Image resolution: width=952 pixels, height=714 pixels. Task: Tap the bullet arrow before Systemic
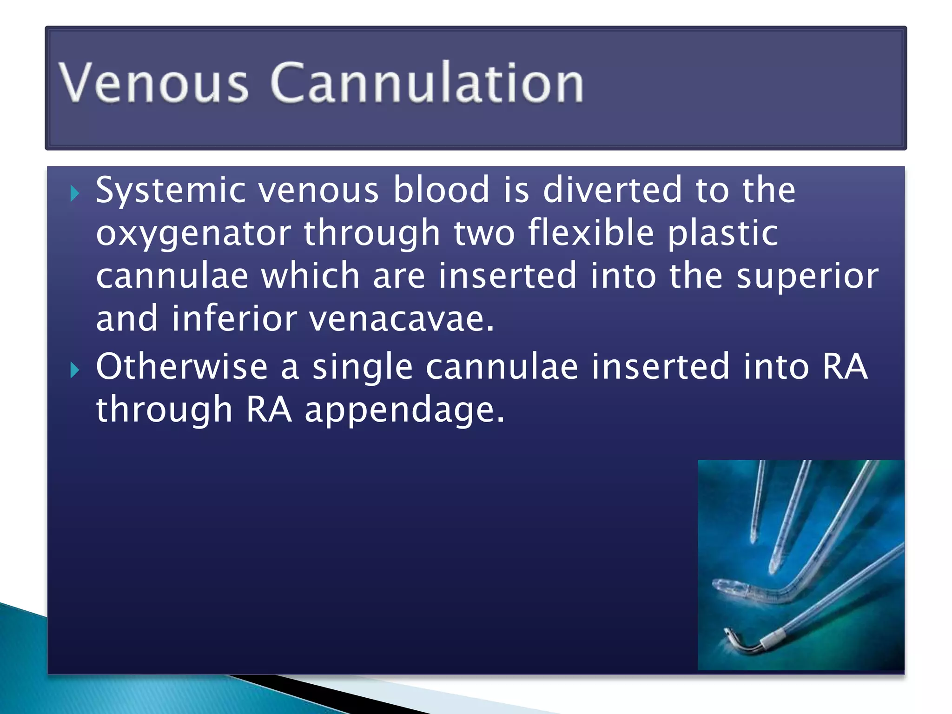click(75, 193)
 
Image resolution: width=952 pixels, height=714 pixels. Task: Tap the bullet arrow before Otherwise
click(75, 370)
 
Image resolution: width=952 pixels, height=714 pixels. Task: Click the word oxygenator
click(193, 234)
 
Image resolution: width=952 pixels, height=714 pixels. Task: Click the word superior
click(807, 277)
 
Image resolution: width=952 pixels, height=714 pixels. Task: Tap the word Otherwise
click(182, 367)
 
